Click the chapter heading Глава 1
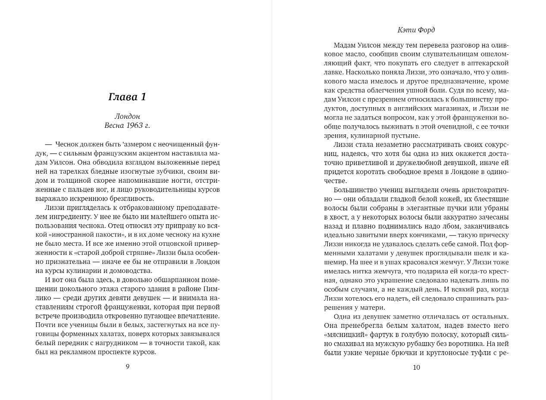click(x=127, y=97)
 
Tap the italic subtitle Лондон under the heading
click(x=127, y=116)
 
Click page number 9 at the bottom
click(x=127, y=367)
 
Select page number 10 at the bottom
click(x=416, y=368)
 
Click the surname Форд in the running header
click(x=427, y=30)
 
